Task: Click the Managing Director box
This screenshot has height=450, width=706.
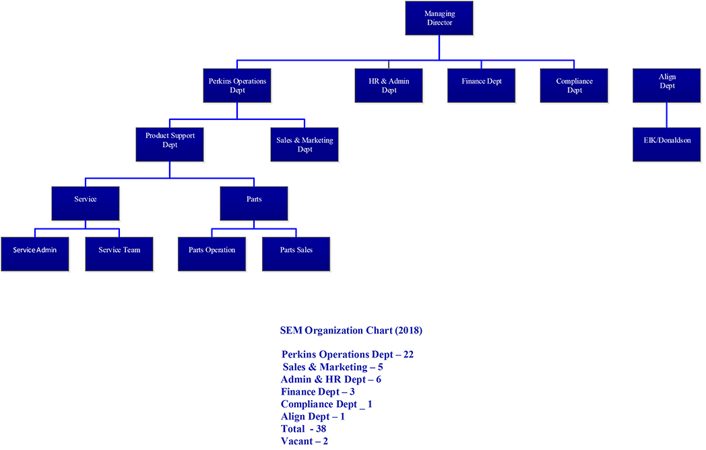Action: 439,18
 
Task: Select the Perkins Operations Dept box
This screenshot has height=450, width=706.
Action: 237,86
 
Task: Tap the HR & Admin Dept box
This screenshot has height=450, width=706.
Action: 389,86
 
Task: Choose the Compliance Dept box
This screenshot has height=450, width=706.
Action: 574,86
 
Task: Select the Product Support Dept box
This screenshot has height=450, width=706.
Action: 170,144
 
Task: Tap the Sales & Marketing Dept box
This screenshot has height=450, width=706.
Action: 304,144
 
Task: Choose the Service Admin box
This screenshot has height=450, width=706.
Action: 35,254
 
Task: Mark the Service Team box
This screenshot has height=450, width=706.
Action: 119,254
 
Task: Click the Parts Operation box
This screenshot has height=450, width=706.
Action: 212,254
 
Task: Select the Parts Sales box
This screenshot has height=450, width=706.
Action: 296,254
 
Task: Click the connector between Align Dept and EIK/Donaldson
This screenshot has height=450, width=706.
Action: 667,115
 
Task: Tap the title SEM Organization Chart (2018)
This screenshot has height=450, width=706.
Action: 351,331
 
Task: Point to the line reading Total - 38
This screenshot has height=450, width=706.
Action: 304,428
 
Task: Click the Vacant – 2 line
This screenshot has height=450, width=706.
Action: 304,441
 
